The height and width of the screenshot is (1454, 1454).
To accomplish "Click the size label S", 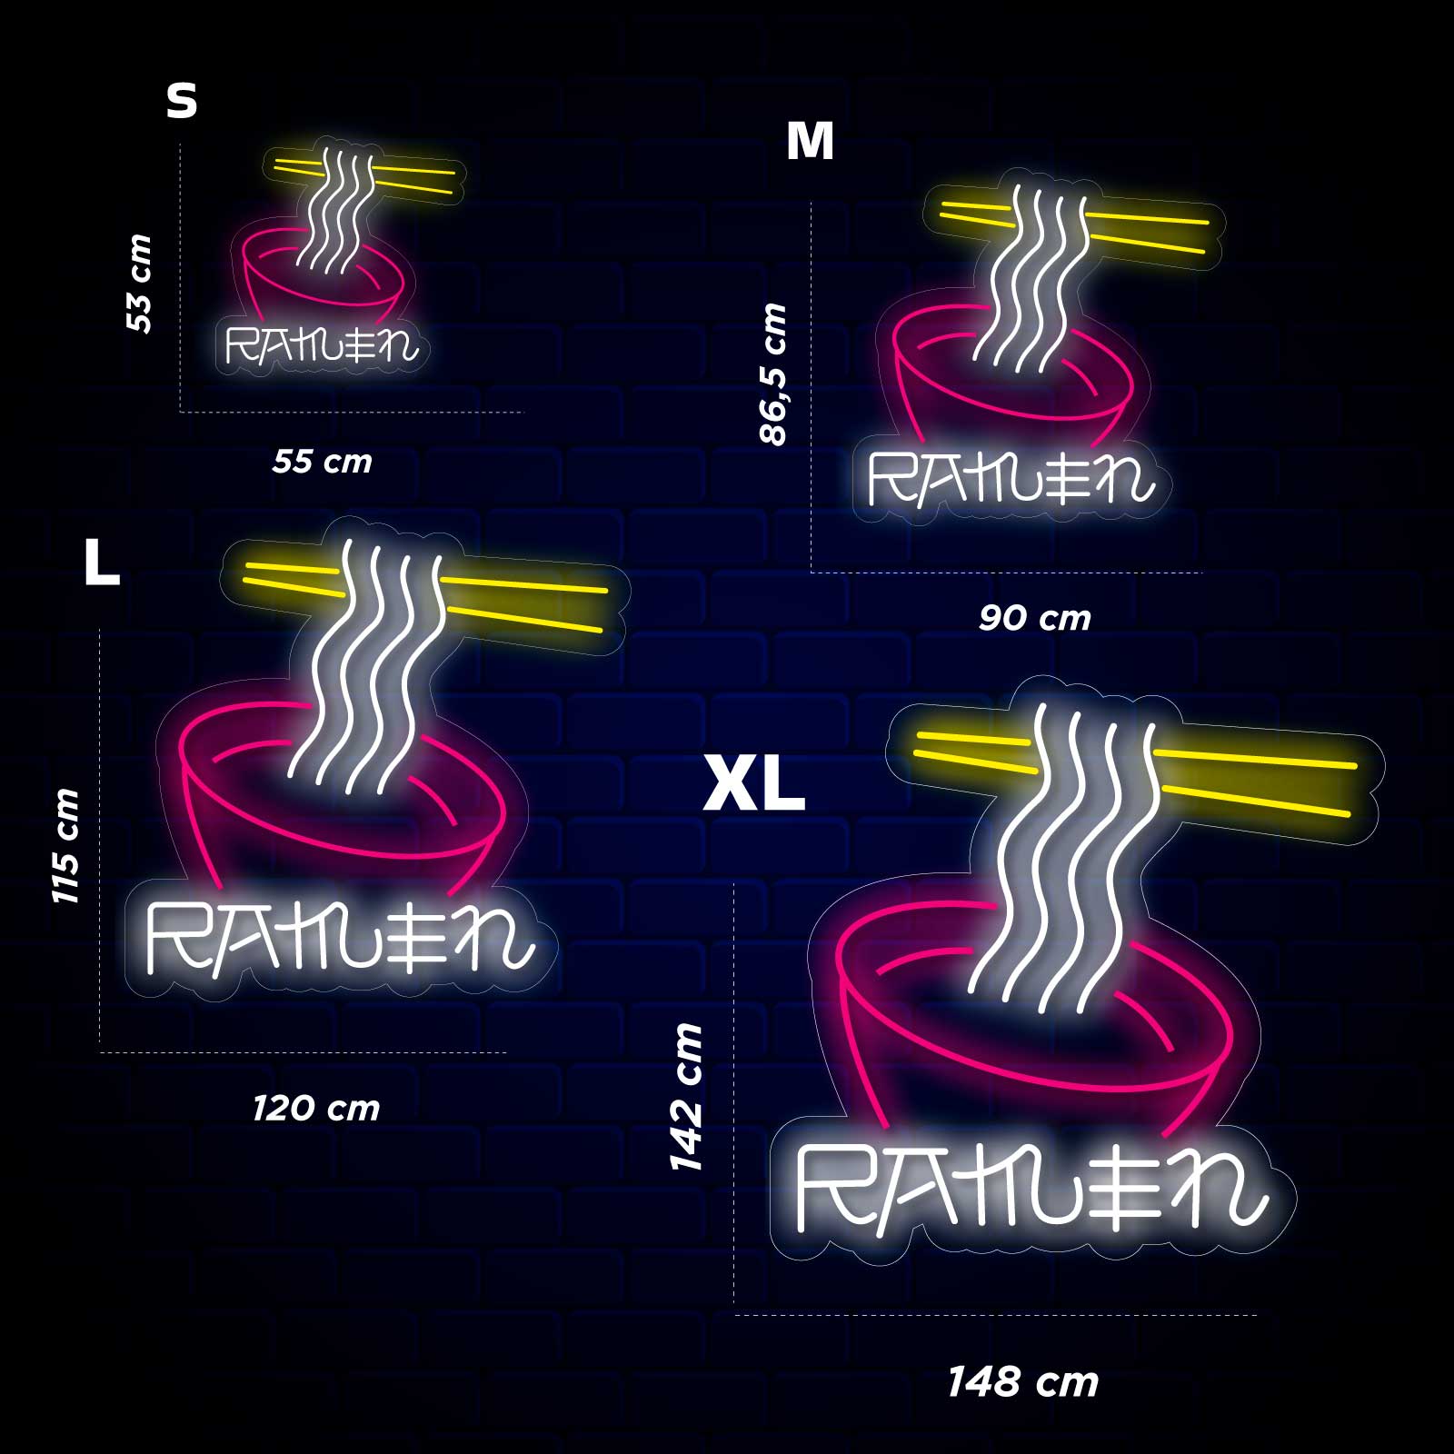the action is pos(182,101).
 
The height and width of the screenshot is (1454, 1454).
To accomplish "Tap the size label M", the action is pos(810,141).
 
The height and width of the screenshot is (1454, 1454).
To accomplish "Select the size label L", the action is pos(102,562).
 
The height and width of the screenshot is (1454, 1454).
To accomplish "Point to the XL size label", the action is pos(754,785).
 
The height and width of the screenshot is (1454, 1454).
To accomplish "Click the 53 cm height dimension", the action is pos(139,283).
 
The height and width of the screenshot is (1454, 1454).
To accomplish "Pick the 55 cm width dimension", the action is pos(323,462).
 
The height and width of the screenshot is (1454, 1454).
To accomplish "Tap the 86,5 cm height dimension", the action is pos(772,373).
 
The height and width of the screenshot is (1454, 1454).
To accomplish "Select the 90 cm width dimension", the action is pos(1035,618).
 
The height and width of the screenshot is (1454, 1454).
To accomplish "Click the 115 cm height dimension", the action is pos(65,846).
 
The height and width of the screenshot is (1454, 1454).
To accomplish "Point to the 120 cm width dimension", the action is pos(316,1109).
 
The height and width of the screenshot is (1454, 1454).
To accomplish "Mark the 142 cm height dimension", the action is pos(686,1097).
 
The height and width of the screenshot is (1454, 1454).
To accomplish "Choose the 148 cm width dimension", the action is pos(1023,1382).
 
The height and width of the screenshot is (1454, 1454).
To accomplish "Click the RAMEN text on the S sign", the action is pos(322,345).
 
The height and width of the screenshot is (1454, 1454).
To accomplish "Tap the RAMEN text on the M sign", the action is pos(1011,478).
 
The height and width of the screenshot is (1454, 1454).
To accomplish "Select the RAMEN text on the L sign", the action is pos(339,938).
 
